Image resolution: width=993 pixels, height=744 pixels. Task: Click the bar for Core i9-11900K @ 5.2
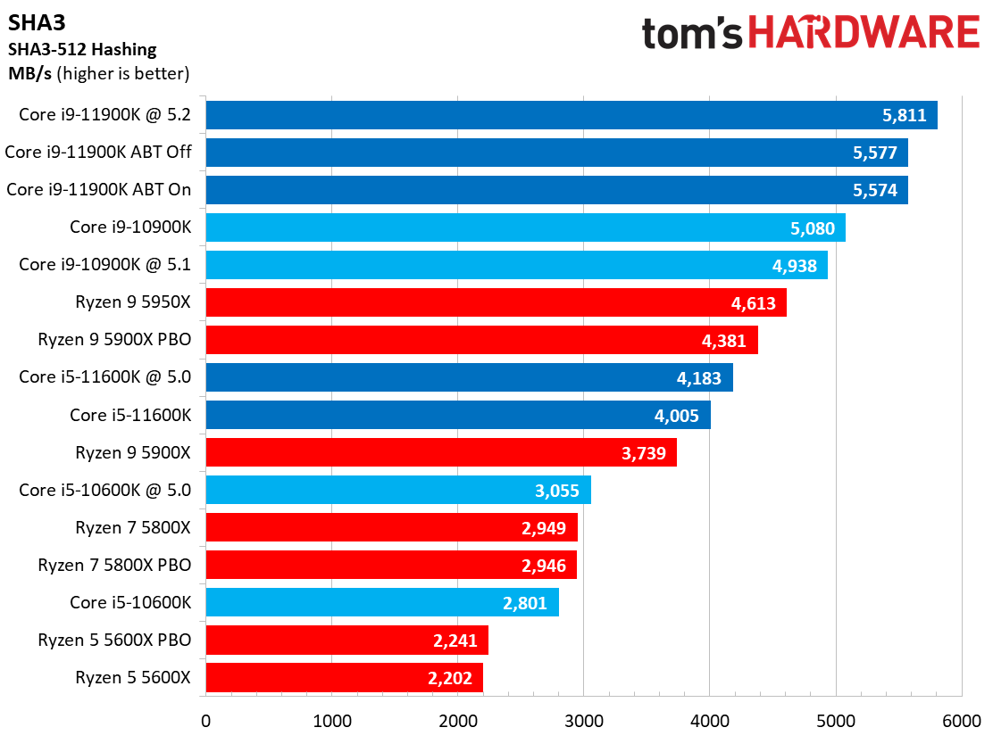coord(572,115)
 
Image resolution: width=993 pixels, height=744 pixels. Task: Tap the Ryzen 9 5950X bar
coord(496,302)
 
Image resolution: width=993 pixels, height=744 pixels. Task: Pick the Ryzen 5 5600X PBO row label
coord(114,640)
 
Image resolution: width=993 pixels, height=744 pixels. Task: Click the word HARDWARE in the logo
coord(864,33)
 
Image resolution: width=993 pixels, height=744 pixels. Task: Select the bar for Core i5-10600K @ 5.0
coord(397,490)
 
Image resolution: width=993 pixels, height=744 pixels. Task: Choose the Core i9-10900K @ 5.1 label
coord(104,265)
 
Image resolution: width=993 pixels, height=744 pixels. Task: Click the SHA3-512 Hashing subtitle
coord(82,49)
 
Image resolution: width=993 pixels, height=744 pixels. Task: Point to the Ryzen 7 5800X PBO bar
coord(391,565)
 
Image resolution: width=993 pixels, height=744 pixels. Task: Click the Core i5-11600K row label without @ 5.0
coord(130,415)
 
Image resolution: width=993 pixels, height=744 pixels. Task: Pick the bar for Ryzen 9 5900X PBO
coord(481,340)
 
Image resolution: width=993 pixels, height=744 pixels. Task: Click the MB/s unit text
coord(30,73)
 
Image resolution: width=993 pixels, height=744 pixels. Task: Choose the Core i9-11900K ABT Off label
coord(104,153)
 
